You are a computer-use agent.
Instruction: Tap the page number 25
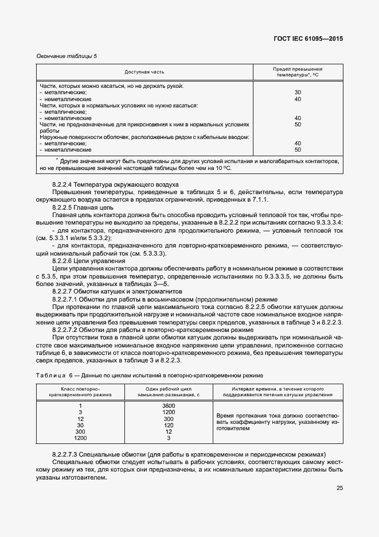[x=339, y=488]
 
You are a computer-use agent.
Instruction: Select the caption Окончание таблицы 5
[x=67, y=56]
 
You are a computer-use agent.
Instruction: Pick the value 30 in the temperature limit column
[x=298, y=92]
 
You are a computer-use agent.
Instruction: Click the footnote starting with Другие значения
[x=189, y=165]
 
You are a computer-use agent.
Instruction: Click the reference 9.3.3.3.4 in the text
[x=325, y=222]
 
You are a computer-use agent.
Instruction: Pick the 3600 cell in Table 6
[x=169, y=406]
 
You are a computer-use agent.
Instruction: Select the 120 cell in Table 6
[x=169, y=425]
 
